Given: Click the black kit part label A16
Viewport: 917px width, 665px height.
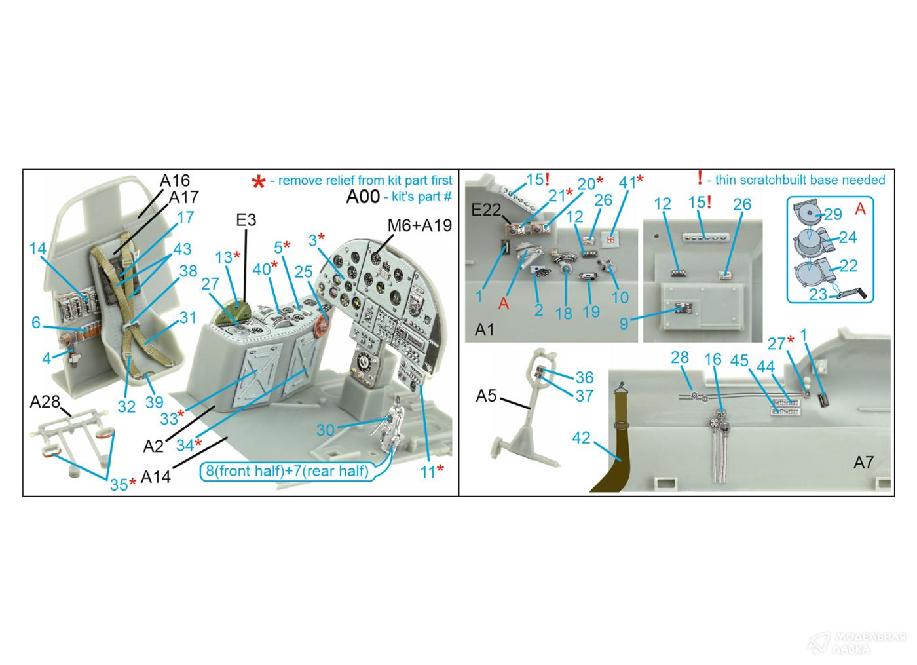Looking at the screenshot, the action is click(x=175, y=181).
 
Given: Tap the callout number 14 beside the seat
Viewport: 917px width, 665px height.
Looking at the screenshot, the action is click(x=38, y=248).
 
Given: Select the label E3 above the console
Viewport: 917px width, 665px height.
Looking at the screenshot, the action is click(x=246, y=220).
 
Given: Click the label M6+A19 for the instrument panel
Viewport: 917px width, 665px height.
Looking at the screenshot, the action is click(x=420, y=225).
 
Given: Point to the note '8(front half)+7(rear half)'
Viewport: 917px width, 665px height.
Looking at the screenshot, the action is click(x=287, y=471).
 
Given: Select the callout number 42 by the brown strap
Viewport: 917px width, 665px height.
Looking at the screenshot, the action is click(x=581, y=438).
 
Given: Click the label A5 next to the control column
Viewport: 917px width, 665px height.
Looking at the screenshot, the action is click(x=486, y=396).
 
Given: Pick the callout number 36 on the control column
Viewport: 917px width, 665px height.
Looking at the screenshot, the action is click(x=584, y=377).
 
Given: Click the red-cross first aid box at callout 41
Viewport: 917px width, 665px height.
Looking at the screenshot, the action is click(x=611, y=239).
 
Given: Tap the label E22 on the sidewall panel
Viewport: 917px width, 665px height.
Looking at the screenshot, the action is click(x=486, y=210).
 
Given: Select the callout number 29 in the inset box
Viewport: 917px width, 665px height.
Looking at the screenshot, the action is click(x=833, y=214).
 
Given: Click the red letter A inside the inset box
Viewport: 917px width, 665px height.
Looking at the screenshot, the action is click(x=860, y=209).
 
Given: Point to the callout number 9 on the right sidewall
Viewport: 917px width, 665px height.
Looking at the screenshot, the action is click(x=624, y=324).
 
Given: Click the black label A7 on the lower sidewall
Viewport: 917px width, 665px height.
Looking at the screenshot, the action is click(x=864, y=463).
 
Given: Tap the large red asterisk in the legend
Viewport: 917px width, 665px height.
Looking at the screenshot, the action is click(x=259, y=182).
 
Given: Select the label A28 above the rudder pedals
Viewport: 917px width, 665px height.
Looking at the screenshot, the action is click(x=45, y=402).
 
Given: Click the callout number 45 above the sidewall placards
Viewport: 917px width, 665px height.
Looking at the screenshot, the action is click(x=739, y=361).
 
